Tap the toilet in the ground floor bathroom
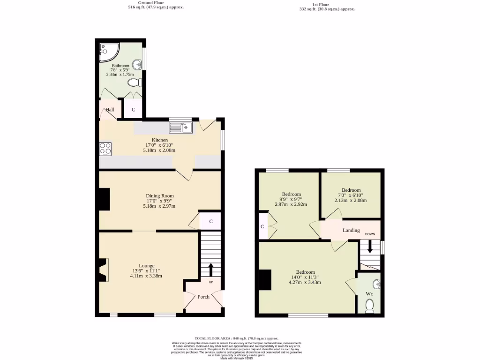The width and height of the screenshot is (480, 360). [x=134, y=83]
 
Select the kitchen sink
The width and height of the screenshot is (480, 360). [x=181, y=127]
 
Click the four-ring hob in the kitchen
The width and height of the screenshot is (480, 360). [x=105, y=149]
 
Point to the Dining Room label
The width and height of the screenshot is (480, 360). [x=160, y=196]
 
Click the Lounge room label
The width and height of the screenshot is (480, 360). [x=146, y=265]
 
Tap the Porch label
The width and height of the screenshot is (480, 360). [x=203, y=297]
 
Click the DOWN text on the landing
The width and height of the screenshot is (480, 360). [x=370, y=234]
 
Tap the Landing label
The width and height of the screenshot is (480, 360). [x=351, y=230]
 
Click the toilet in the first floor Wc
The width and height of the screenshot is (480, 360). [x=369, y=306]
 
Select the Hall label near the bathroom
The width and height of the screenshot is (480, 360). [x=110, y=110]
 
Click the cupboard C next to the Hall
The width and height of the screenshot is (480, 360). [x=134, y=110]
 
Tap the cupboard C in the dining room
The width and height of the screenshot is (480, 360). [x=211, y=221]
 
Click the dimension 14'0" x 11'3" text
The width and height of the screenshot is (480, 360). [x=305, y=277]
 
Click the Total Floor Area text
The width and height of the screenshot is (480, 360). [x=237, y=338]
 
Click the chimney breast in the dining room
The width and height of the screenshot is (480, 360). [x=105, y=199]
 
